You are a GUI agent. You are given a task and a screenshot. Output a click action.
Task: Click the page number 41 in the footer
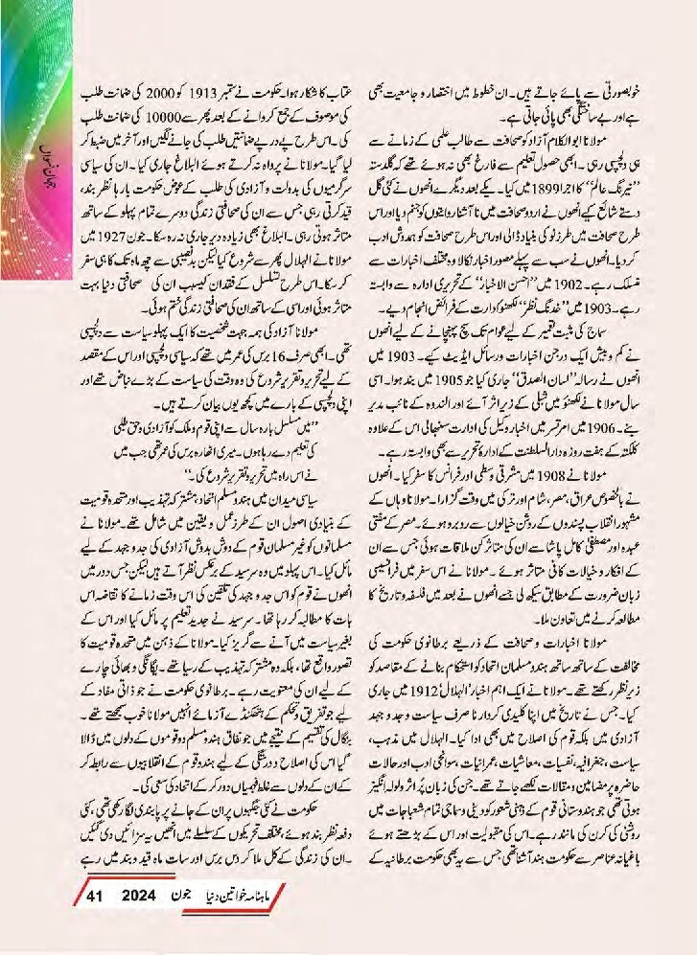point(93,897)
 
